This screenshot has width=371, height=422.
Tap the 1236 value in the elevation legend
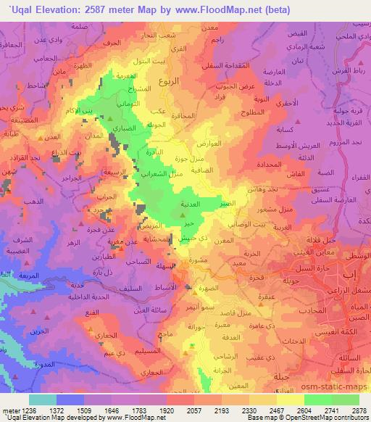click(19, 410)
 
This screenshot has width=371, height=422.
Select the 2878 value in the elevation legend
click(359, 410)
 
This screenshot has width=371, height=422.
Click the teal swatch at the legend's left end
click(42, 399)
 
